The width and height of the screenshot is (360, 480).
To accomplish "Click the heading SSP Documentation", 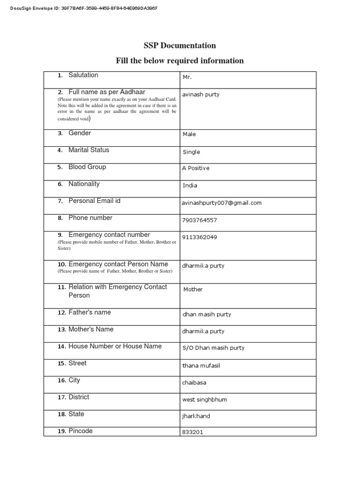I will [180, 45].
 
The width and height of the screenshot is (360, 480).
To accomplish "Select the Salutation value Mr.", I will [187, 77].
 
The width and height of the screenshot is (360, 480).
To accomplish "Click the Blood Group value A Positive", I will [196, 168].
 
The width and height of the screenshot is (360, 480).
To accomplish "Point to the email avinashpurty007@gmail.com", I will [222, 203].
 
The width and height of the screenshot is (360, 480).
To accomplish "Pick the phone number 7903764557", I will [200, 220].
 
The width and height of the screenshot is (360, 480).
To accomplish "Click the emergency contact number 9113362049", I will [200, 237].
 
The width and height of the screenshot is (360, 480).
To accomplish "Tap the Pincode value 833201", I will [193, 432].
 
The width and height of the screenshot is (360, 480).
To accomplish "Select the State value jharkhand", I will [196, 416].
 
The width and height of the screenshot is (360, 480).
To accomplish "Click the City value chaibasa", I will [194, 382].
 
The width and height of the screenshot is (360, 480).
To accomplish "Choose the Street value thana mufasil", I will [201, 365].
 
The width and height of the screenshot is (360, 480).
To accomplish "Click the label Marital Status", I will [89, 150].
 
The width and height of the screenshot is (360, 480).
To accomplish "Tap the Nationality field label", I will [84, 184].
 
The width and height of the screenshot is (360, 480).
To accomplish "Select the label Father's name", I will [90, 312].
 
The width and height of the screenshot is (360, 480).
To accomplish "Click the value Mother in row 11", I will [193, 289].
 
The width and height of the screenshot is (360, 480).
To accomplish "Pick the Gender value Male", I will [189, 134].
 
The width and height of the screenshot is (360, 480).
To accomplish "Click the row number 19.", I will [61, 431].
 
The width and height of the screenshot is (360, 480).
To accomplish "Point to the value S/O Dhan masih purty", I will [213, 348].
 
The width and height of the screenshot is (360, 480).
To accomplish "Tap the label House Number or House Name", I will [115, 346].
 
